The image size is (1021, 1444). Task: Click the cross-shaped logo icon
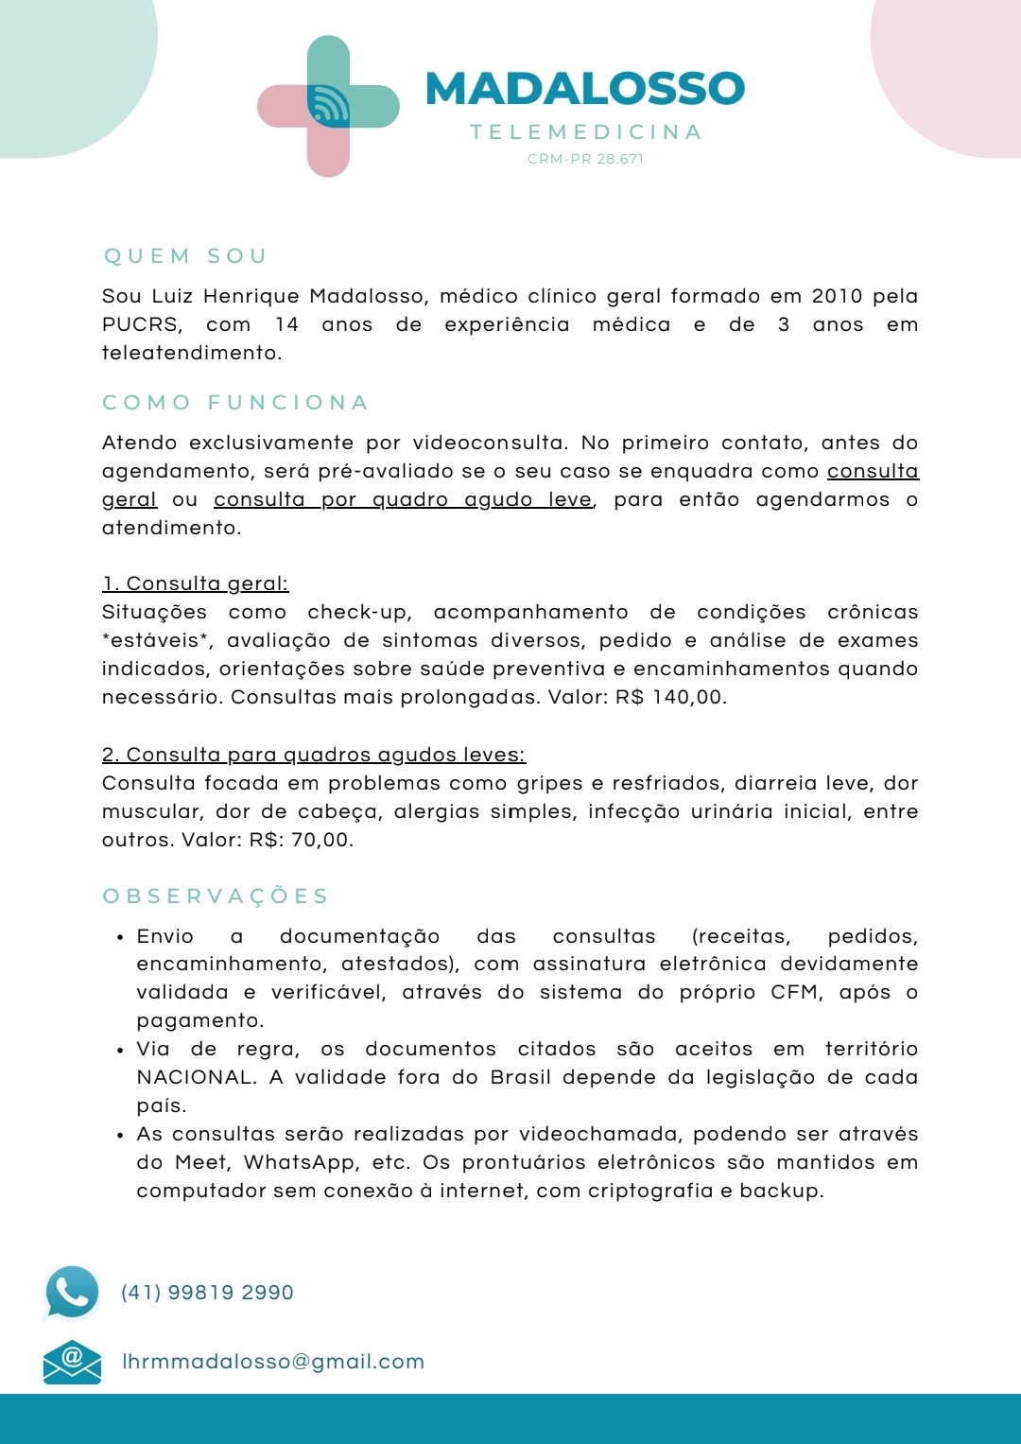(x=328, y=106)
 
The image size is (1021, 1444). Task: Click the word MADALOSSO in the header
(x=585, y=89)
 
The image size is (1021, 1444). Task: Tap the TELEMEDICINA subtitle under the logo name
(x=586, y=132)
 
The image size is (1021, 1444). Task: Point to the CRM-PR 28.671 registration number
(x=586, y=159)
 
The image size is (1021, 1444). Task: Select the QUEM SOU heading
(x=185, y=256)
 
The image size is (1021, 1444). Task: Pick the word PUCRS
(x=142, y=324)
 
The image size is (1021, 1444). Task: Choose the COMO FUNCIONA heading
(x=235, y=403)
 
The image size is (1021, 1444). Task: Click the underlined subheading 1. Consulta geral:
(x=195, y=583)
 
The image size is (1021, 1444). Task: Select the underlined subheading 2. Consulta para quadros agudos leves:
(x=314, y=755)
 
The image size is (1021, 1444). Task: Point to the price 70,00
(x=321, y=840)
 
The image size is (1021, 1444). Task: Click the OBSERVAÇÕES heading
(x=216, y=896)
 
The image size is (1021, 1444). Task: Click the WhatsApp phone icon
(x=72, y=1292)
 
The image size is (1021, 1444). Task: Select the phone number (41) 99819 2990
(x=207, y=1293)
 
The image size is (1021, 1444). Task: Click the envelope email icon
(x=72, y=1362)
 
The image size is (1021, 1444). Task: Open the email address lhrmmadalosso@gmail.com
(x=273, y=1362)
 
